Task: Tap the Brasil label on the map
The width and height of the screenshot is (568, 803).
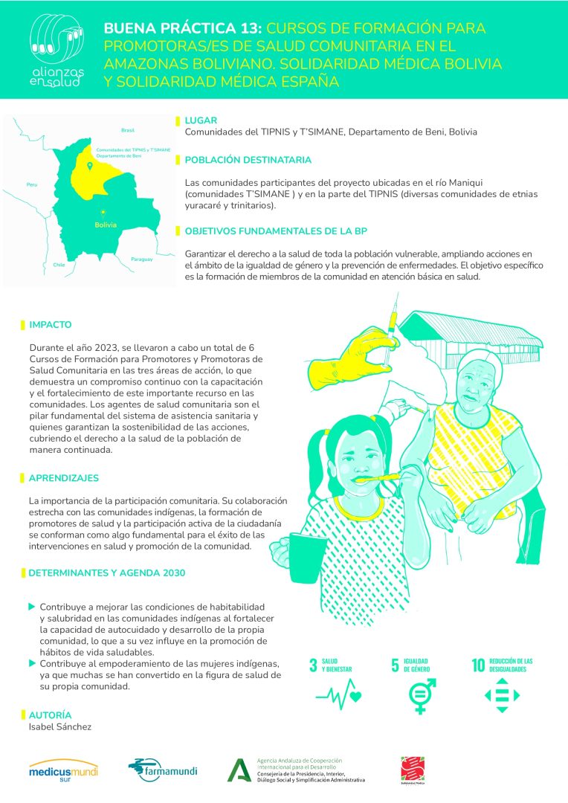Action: (x=128, y=129)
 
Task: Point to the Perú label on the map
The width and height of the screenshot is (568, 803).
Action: (x=31, y=184)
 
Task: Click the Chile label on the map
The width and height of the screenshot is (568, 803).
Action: (x=59, y=264)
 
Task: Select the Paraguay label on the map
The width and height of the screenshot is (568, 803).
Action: (x=141, y=259)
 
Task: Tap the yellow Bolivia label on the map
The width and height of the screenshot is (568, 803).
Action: (x=106, y=225)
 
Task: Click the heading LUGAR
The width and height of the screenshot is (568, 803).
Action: (x=201, y=120)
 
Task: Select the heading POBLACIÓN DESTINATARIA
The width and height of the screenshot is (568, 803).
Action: (x=248, y=160)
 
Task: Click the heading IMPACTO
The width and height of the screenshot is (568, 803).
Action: (x=51, y=325)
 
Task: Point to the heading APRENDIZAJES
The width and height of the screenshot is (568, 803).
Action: (x=63, y=478)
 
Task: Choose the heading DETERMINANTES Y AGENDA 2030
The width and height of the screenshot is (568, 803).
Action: (x=106, y=573)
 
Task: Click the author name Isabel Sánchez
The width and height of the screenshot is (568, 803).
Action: (x=60, y=726)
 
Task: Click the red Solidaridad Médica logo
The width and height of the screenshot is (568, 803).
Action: (x=410, y=770)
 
